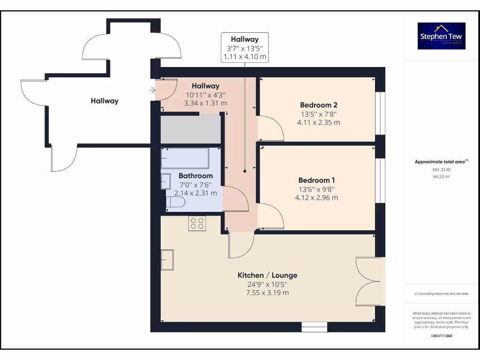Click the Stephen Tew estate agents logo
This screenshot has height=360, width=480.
pyautogui.click(x=442, y=36)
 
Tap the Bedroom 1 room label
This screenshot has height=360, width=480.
pyautogui.click(x=316, y=180)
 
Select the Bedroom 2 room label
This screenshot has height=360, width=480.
pyautogui.click(x=318, y=105)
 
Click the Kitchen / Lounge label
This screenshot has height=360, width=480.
pyautogui.click(x=267, y=275)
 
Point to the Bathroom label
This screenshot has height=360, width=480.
pyautogui.click(x=195, y=176)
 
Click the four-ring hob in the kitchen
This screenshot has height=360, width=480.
pyautogui.click(x=197, y=223)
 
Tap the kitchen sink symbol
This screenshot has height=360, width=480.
pyautogui.click(x=167, y=260)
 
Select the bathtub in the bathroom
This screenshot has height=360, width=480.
pyautogui.click(x=185, y=158)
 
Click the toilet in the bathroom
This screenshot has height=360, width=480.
pyautogui.click(x=175, y=202)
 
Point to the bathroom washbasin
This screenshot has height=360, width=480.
pyautogui.click(x=166, y=181)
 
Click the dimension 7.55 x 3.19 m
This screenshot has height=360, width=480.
pyautogui.click(x=267, y=292)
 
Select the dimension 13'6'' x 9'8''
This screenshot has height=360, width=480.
pyautogui.click(x=316, y=189)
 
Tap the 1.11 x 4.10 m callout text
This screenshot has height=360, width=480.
pyautogui.click(x=245, y=57)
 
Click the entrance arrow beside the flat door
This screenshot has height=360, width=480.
pyautogui.click(x=152, y=90)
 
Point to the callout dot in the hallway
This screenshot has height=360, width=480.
pyautogui.click(x=245, y=172)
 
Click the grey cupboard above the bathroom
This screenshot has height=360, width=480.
pyautogui.click(x=191, y=128)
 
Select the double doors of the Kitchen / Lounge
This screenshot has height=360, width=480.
pyautogui.click(x=368, y=281)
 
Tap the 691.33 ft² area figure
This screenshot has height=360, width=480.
pyautogui.click(x=441, y=170)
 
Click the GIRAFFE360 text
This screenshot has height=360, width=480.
pyautogui.click(x=441, y=336)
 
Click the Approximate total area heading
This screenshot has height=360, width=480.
pyautogui.click(x=441, y=162)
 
